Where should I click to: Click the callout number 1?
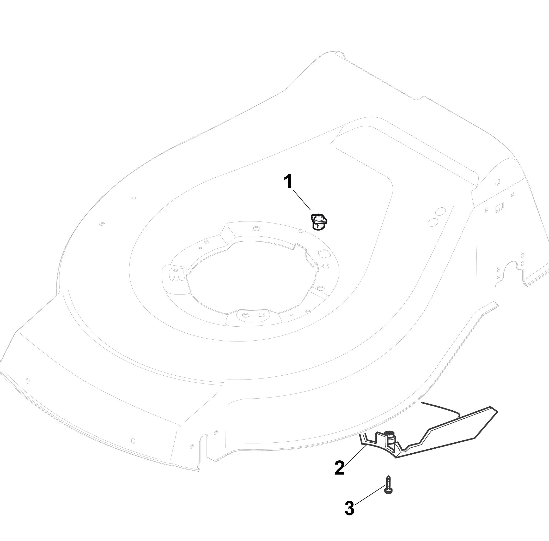coord(288,182)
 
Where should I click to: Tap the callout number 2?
coord(339,467)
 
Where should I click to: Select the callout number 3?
coord(349,508)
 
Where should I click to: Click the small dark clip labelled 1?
coord(320,222)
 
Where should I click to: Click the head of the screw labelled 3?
coord(388,490)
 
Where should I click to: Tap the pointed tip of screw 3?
coord(388,476)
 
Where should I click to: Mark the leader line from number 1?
coord(302,200)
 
